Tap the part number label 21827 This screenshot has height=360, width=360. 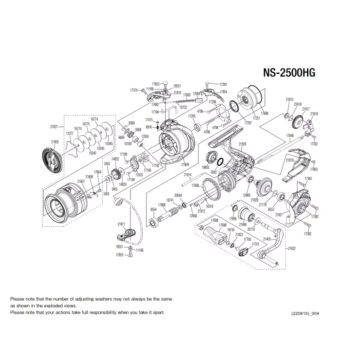[54, 127]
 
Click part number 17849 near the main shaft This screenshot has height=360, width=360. [290, 135]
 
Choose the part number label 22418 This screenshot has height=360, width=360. [297, 104]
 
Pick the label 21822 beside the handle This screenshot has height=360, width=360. [292, 248]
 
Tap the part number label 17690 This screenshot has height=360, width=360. [195, 185]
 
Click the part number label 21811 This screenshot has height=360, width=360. [121, 224]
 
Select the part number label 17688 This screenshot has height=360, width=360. [265, 114]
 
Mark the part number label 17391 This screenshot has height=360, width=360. [223, 85]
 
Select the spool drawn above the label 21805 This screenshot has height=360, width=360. [50, 158]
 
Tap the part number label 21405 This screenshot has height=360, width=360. [267, 238]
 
